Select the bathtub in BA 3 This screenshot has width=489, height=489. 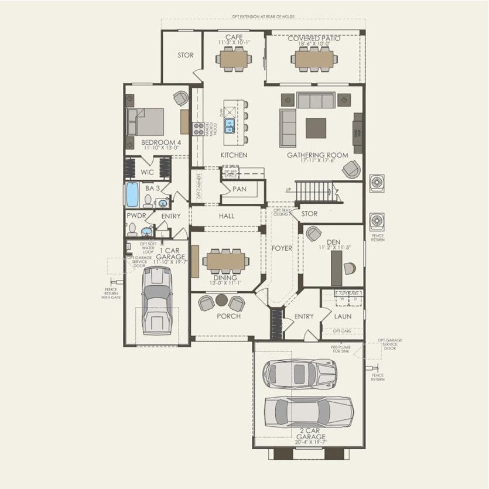pos(132,196)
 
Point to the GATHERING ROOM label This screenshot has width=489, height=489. pos(317,156)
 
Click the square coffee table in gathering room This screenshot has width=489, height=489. pos(316,128)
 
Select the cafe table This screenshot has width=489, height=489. pos(234,58)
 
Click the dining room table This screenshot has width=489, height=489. pos(227,259)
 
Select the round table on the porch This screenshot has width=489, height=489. pos(221,300)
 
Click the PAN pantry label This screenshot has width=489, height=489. pos(239,189)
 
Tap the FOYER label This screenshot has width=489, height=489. pos(282,248)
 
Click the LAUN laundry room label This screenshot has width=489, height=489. pos(342,316)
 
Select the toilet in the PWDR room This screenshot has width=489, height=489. pos(132,229)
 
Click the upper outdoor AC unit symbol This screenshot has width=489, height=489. pos(377,183)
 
